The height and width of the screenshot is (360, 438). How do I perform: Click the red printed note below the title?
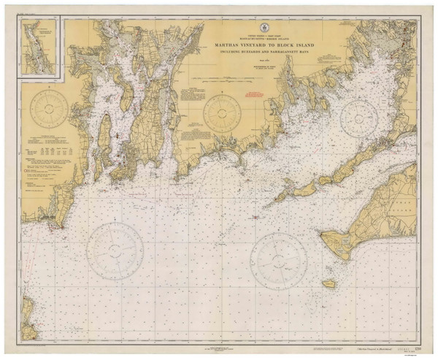[252, 94]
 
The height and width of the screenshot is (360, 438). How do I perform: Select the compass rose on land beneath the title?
[223, 113]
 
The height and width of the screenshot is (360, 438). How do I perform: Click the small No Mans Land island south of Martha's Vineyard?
[329, 283]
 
